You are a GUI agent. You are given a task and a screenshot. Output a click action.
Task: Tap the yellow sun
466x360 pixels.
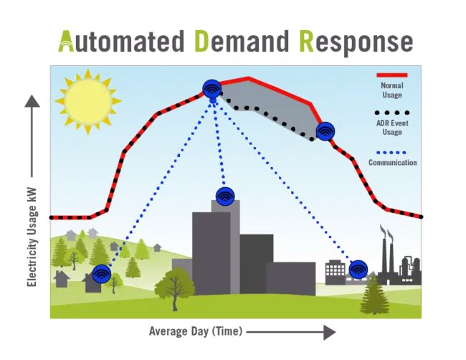click(87, 101)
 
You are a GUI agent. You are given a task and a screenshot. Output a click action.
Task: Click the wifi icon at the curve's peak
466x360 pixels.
click(211, 89)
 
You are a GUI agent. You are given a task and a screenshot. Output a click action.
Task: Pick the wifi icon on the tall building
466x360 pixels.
click(224, 196)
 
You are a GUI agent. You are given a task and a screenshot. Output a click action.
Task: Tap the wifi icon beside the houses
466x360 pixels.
click(102, 274)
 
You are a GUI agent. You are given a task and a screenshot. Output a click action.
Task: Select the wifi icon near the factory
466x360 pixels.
click(358, 270)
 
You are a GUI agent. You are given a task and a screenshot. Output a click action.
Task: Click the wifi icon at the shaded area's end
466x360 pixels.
click(325, 131)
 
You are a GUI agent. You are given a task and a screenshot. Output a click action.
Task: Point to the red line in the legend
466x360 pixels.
click(391, 75)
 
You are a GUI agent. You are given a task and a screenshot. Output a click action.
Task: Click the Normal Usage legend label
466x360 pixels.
click(391, 90)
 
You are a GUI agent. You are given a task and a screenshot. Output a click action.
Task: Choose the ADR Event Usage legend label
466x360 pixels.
click(391, 127)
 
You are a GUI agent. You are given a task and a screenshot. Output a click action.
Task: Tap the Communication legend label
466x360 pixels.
click(392, 163)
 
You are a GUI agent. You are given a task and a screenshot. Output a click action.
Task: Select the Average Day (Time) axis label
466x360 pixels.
click(195, 331)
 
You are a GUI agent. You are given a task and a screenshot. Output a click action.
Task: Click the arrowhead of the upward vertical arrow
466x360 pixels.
click(32, 101)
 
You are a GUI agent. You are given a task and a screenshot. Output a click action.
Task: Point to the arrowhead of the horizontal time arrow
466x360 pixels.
click(329, 332)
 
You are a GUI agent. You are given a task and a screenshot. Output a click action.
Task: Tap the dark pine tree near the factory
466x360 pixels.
click(373, 295)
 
